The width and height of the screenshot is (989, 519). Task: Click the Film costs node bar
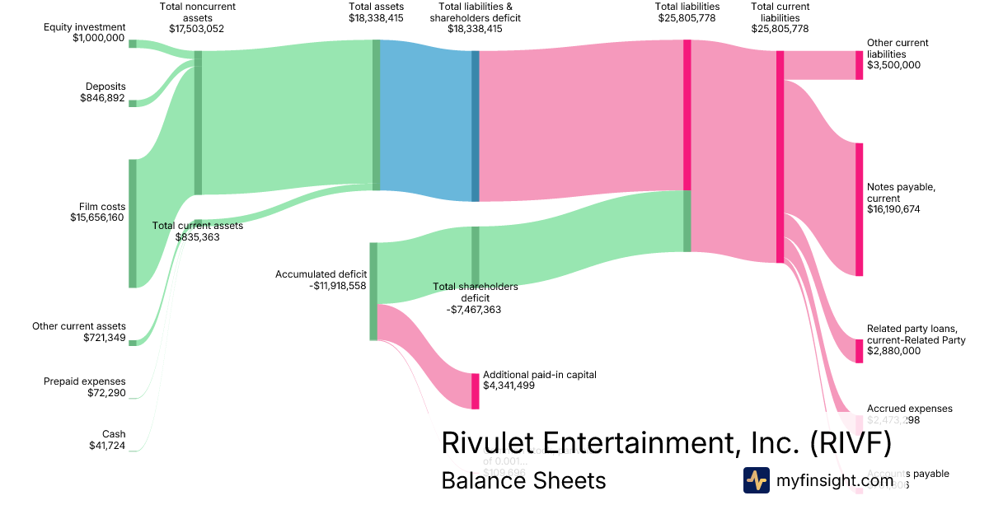click(x=132, y=223)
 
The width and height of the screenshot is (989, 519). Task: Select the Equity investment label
click(x=85, y=27)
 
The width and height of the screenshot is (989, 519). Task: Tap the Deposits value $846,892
click(x=102, y=98)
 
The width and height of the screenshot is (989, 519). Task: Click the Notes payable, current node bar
click(x=859, y=209)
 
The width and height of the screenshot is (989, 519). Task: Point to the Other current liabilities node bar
click(x=859, y=65)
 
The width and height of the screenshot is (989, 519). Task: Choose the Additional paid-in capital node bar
click(x=475, y=390)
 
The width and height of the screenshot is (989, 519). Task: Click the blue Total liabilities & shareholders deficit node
click(x=475, y=126)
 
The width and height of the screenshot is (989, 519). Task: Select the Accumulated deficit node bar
click(x=373, y=291)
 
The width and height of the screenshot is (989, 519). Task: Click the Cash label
click(x=114, y=434)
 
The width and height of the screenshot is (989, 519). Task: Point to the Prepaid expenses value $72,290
click(x=106, y=393)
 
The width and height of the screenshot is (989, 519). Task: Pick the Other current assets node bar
click(x=132, y=342)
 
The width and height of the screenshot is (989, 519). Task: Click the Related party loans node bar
click(x=859, y=351)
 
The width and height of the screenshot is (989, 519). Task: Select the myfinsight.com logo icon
click(x=756, y=480)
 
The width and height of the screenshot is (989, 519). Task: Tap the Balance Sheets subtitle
click(x=523, y=480)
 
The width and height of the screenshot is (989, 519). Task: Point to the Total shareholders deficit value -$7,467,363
click(x=474, y=310)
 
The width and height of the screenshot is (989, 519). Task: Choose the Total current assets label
click(x=198, y=225)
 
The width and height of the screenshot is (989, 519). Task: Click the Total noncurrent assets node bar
click(x=198, y=123)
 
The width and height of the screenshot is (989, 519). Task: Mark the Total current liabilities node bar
click(x=780, y=157)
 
